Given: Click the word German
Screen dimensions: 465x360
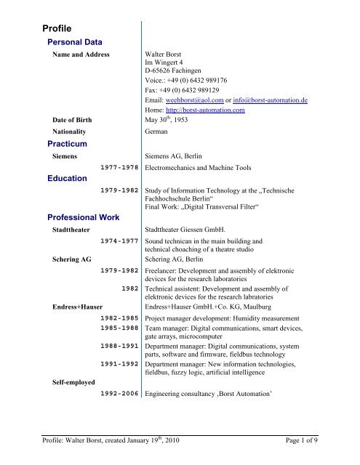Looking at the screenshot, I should tap(157, 132).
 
